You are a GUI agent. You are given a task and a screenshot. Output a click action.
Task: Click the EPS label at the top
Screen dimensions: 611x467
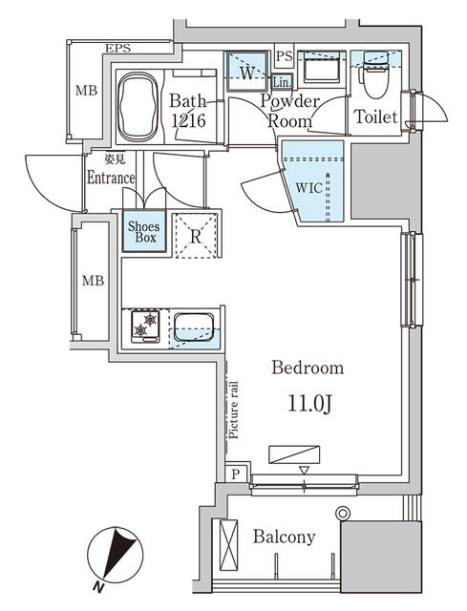point(118,48)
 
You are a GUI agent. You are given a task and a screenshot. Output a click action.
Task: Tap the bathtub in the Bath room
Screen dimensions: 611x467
point(139,104)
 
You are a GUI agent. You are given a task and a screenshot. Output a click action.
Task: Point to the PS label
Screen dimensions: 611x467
point(284,55)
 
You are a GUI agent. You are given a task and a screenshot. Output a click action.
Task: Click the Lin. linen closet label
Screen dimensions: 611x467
point(282,81)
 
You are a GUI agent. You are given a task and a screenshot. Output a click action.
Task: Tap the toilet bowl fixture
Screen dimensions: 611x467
point(373,84)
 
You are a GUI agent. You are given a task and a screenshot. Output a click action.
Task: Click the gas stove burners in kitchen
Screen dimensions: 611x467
point(146,329)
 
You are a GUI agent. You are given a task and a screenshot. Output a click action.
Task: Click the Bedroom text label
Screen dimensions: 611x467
point(308,368)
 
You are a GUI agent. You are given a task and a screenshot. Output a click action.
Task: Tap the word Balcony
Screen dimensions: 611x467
point(284,537)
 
